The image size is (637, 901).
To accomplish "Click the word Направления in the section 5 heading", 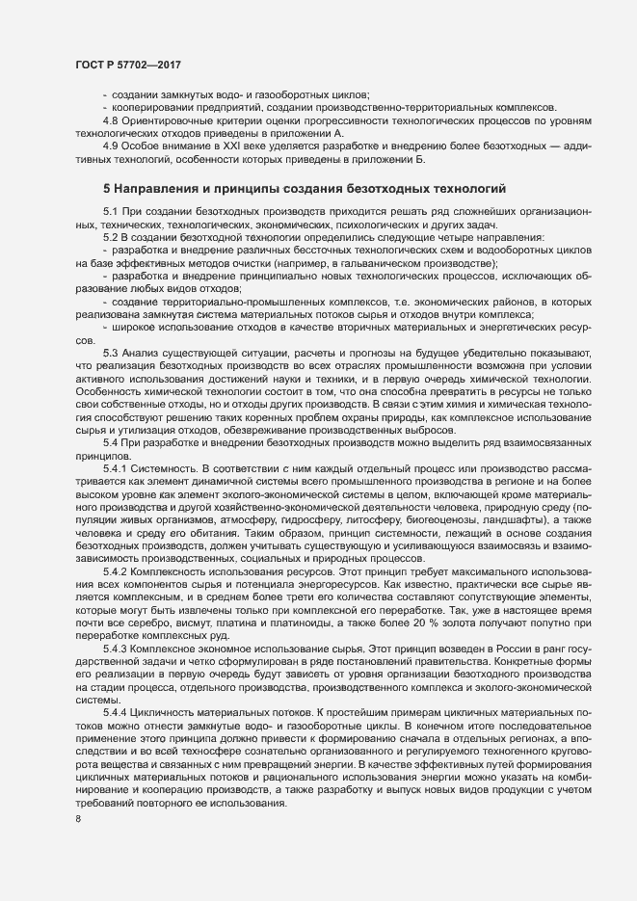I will point(171,187).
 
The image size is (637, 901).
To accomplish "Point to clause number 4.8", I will point(112,120).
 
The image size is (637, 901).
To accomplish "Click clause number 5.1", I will point(112,211).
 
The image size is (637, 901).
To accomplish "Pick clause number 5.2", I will point(112,237).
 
